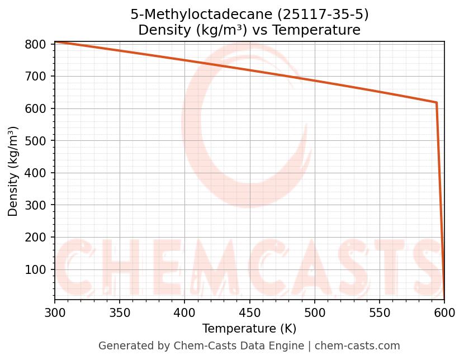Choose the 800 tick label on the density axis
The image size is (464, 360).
pyautogui.click(x=35, y=44)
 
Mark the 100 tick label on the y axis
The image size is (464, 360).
pyautogui.click(x=35, y=269)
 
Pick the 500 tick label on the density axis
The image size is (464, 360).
pyautogui.click(x=35, y=141)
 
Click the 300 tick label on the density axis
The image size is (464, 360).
pyautogui.click(x=35, y=205)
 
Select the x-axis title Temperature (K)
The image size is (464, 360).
pyautogui.click(x=249, y=329)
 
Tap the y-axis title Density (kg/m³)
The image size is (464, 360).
pyautogui.click(x=13, y=171)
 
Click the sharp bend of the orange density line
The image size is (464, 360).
pyautogui.click(x=436, y=102)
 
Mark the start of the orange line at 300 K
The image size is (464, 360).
pyautogui.click(x=55, y=42)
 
